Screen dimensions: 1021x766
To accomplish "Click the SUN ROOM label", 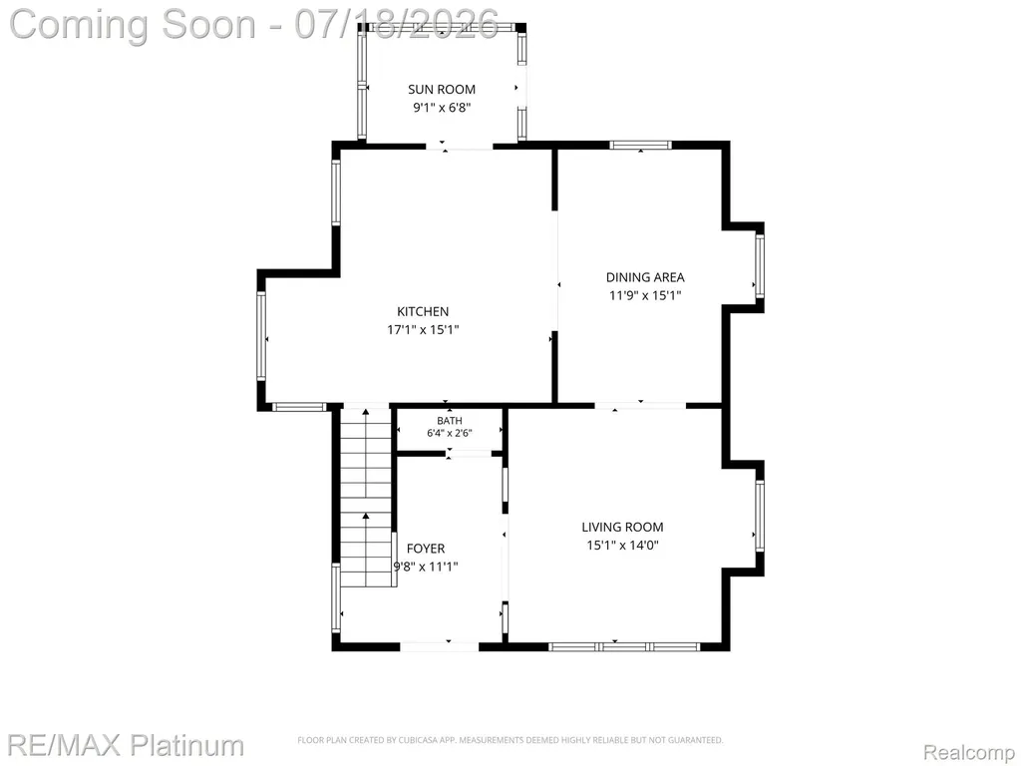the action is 442,89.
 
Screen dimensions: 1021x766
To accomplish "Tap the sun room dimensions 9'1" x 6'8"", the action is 442,108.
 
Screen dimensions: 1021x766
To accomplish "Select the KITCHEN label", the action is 423,311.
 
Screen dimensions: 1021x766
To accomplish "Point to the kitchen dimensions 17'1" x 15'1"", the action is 423,329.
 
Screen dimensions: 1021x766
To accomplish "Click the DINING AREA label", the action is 645,277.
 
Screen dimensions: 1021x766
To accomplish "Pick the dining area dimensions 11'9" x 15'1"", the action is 645,295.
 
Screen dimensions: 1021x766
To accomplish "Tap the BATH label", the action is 450,421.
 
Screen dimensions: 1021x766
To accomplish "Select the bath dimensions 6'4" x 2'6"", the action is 450,433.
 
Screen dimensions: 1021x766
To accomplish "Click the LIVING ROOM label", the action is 622,527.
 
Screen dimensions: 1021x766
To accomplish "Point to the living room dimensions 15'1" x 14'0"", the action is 622,546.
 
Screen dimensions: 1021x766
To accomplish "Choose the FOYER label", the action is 426,549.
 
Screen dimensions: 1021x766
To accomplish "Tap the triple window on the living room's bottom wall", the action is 624,646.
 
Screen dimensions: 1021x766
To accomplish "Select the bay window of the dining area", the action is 759,265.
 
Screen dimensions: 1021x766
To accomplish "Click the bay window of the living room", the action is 759,516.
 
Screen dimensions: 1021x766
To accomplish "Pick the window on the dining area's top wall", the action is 641,146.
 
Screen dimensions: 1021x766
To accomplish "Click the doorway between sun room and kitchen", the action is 460,146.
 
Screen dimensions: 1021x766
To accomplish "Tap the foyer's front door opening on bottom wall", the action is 440,646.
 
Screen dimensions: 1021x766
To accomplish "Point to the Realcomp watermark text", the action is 969,752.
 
